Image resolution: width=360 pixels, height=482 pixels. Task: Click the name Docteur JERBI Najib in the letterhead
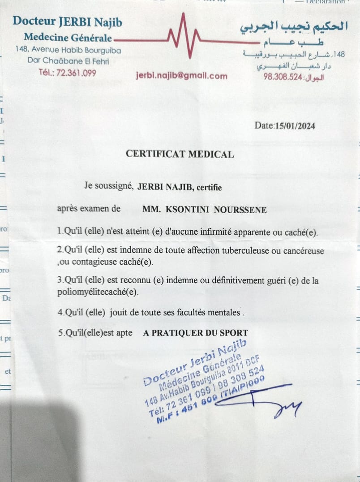pos(67,21)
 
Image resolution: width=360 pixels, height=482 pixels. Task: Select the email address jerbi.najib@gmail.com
pos(181,76)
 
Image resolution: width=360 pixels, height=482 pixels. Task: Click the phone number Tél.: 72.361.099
pos(67,73)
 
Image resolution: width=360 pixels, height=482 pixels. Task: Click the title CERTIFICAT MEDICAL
pos(180,155)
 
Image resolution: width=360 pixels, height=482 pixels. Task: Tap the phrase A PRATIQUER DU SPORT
pos(195,333)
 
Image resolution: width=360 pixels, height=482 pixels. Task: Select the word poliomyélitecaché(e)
pos(98,292)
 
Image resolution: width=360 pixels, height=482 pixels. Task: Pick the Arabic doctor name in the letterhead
pos(294,26)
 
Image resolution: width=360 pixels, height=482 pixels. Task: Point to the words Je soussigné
pos(107,187)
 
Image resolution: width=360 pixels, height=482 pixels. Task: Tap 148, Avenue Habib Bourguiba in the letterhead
pos(68,50)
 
